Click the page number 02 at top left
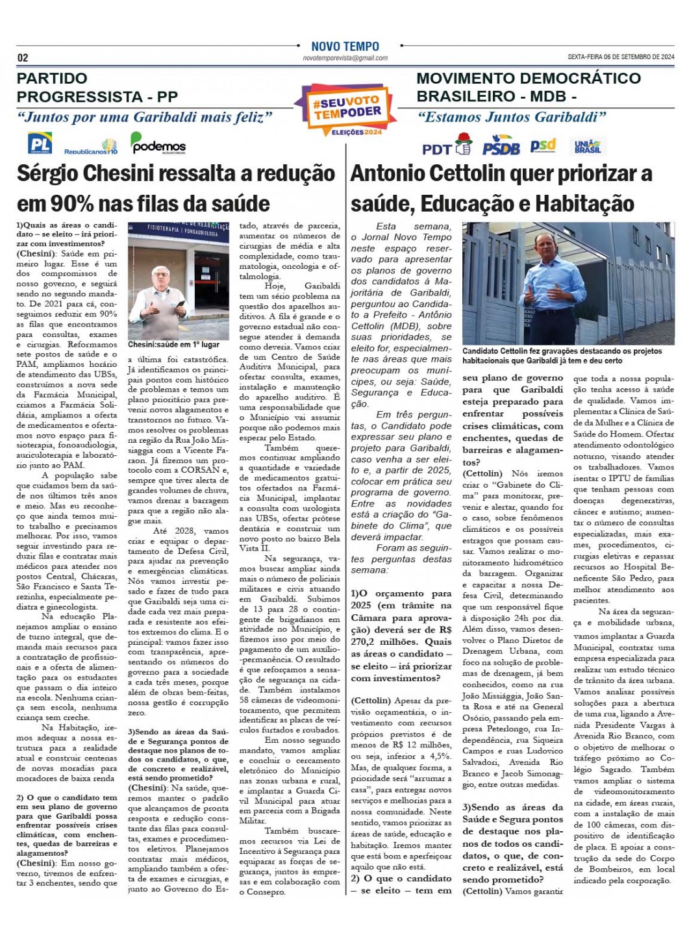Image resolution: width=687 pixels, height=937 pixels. click(x=23, y=58)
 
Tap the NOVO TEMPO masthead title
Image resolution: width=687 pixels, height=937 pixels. click(x=345, y=47)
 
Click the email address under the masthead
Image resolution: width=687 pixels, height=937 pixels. click(x=345, y=58)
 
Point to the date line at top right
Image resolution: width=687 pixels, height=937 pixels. click(x=621, y=57)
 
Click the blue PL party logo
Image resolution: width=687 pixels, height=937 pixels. click(x=40, y=143)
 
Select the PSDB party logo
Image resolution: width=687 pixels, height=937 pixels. click(x=501, y=147)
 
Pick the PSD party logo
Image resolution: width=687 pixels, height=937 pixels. click(x=543, y=145)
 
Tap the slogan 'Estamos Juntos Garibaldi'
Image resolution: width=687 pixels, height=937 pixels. click(x=512, y=118)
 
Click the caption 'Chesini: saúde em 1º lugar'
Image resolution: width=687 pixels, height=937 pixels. click(x=173, y=345)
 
